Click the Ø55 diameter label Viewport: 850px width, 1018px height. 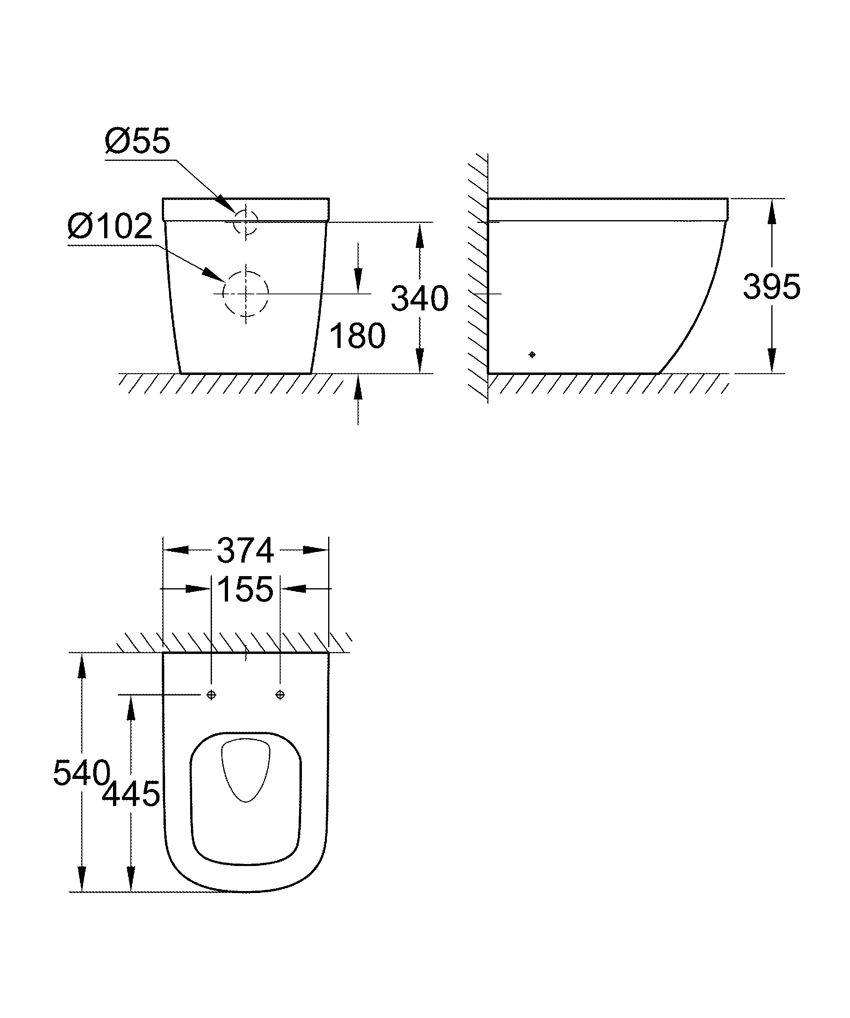point(137,141)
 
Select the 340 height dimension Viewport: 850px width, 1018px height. point(420,299)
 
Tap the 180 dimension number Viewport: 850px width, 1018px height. point(358,335)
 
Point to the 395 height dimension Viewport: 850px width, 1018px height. point(771,287)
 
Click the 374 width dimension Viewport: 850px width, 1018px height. point(245,550)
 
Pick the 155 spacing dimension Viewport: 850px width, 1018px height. point(245,589)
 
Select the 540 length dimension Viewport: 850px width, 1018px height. point(82,773)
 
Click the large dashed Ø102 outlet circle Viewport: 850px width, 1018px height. point(246,293)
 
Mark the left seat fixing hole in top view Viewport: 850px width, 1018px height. point(211,695)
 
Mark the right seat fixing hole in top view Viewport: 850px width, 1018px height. point(280,695)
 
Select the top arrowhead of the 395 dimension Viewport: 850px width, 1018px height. point(772,211)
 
